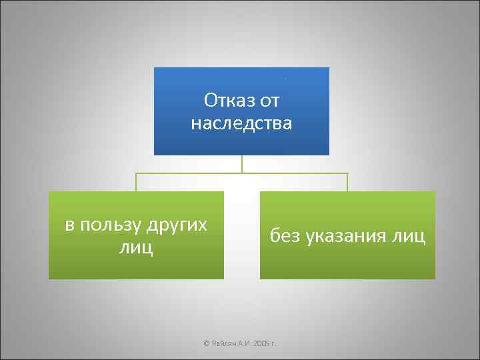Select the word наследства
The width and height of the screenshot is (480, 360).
click(241, 123)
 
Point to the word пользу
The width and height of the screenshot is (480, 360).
click(110, 225)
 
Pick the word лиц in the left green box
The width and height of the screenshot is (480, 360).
click(136, 248)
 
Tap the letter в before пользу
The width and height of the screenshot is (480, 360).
click(70, 225)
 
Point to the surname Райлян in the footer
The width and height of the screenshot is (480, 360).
click(224, 343)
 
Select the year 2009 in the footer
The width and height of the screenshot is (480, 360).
click(263, 343)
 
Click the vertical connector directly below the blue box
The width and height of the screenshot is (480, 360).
click(242, 164)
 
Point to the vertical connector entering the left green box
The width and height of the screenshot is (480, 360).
click(136, 182)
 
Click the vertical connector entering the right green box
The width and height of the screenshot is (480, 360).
click(347, 182)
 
